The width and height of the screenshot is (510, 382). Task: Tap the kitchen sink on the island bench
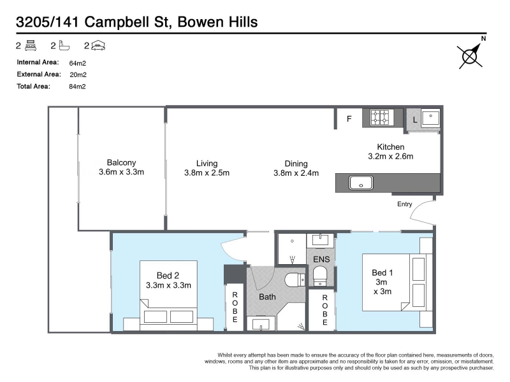click(361, 183)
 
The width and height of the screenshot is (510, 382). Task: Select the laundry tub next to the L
click(431, 117)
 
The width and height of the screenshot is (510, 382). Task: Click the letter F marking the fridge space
click(349, 119)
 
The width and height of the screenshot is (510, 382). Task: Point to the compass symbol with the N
click(470, 54)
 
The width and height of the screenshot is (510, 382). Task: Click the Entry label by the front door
click(405, 204)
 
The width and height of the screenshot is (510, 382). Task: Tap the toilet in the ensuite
click(321, 276)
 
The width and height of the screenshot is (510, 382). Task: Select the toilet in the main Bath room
click(295, 280)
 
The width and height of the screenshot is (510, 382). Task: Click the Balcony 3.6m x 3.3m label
click(121, 167)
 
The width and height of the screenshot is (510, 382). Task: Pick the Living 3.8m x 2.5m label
click(207, 168)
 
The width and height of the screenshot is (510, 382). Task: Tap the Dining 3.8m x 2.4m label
click(296, 168)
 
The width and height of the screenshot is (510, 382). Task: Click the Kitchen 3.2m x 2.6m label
click(391, 152)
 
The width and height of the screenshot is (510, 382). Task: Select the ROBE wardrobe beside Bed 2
click(235, 307)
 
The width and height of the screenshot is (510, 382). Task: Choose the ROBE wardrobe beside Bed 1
click(324, 310)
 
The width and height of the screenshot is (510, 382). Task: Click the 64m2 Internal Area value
click(77, 63)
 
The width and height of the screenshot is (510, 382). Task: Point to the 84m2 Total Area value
click(77, 87)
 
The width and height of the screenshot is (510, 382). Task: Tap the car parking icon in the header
click(98, 46)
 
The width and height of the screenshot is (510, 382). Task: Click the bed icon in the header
click(31, 45)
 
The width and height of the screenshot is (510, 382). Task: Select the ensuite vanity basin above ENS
click(321, 240)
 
